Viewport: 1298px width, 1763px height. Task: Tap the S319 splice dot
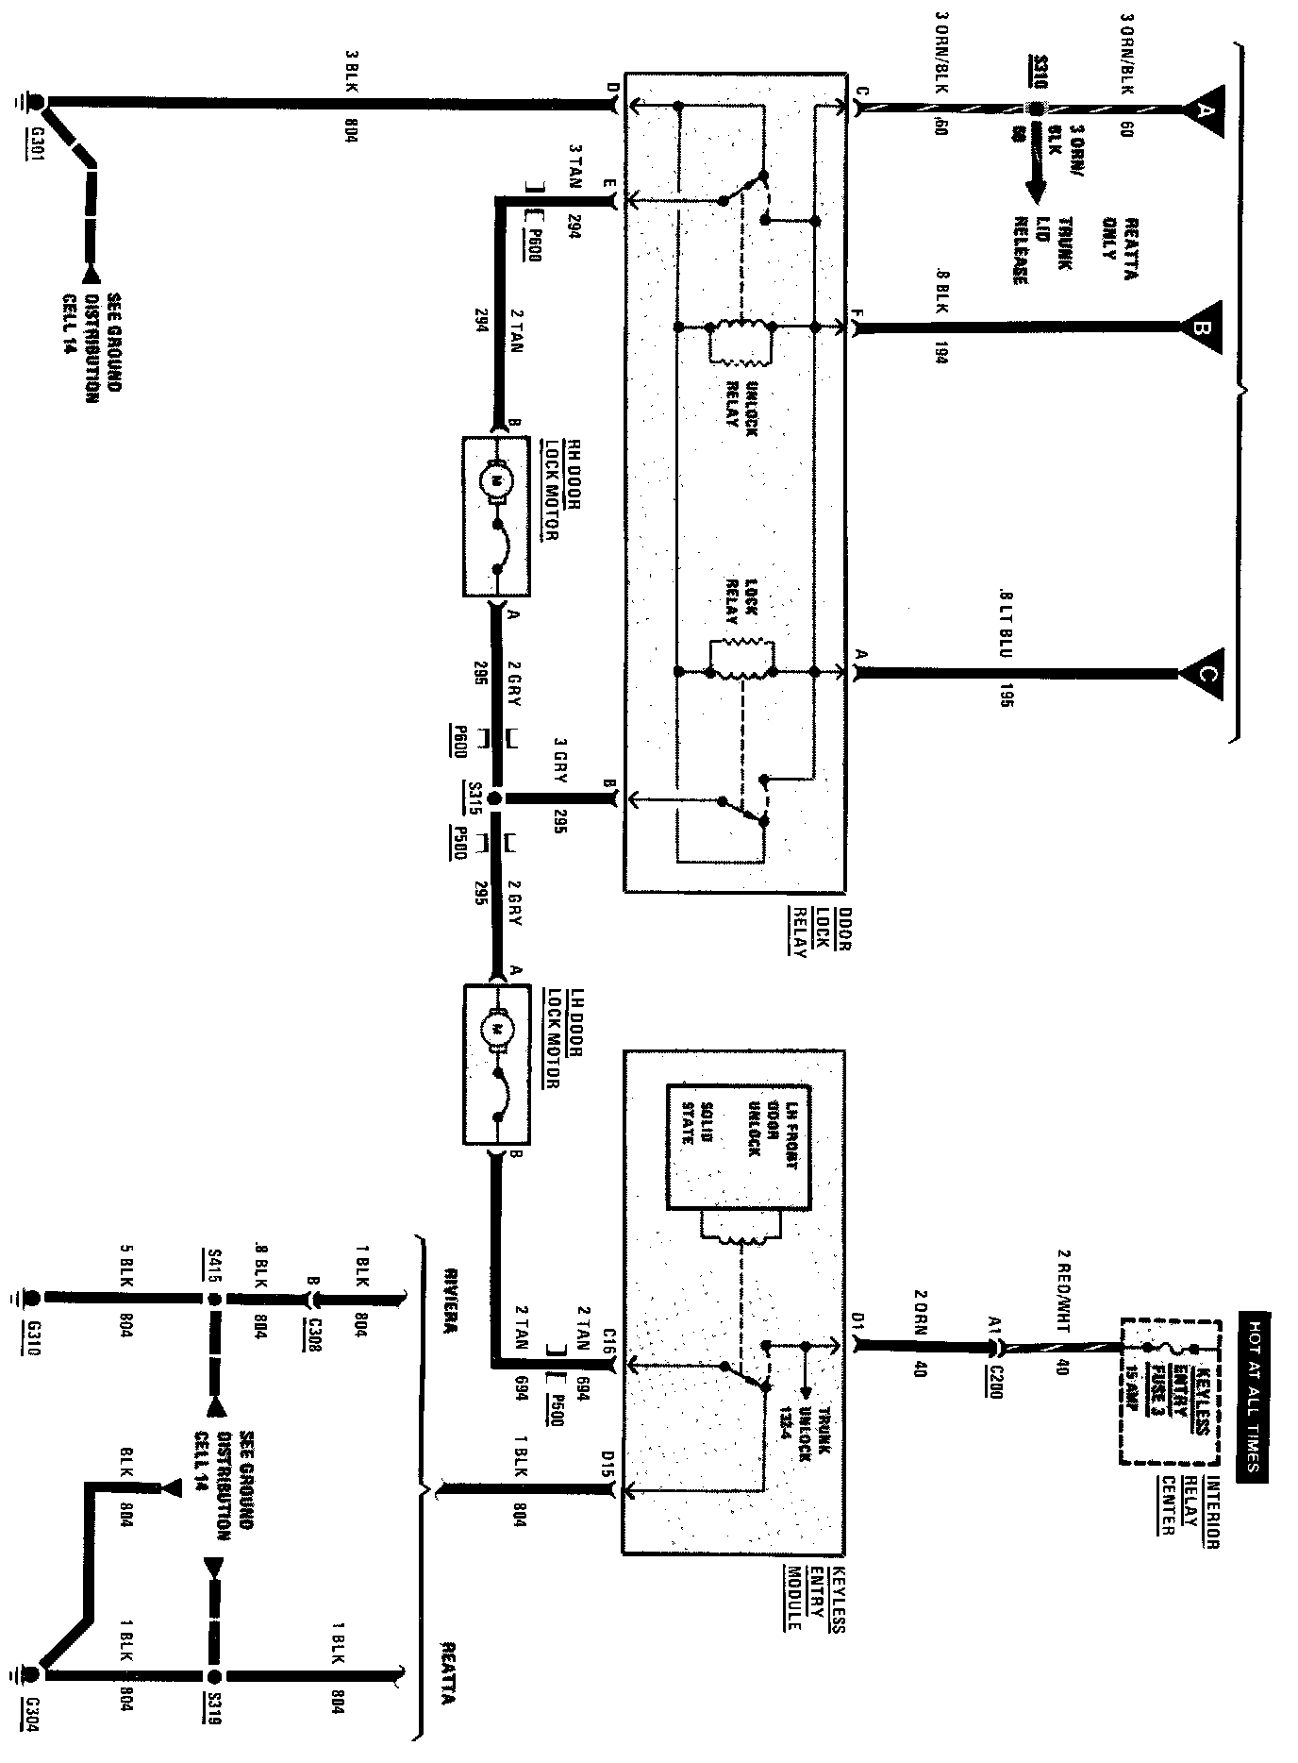click(214, 1676)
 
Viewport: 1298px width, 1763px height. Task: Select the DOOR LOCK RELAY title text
click(820, 934)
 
